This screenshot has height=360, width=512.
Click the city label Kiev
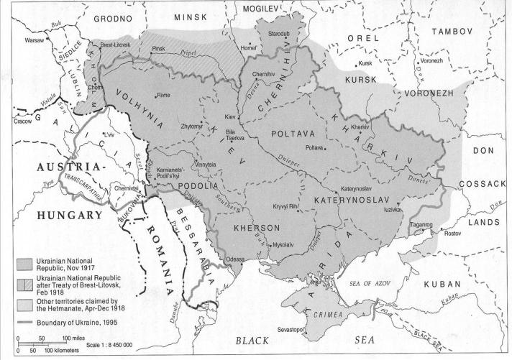pyautogui.click(x=229, y=116)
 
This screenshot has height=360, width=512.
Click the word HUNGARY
pyautogui.click(x=61, y=215)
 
